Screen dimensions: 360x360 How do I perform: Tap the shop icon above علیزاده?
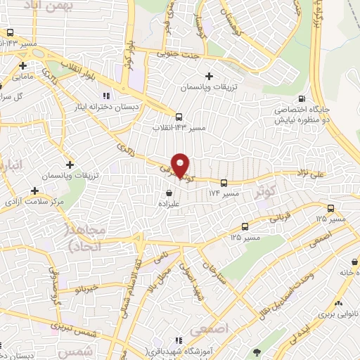169,192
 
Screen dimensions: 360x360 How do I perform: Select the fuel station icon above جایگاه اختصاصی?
302,99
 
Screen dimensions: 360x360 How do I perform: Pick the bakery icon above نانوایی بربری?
340,303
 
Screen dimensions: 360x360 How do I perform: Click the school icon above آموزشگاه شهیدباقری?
181,340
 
